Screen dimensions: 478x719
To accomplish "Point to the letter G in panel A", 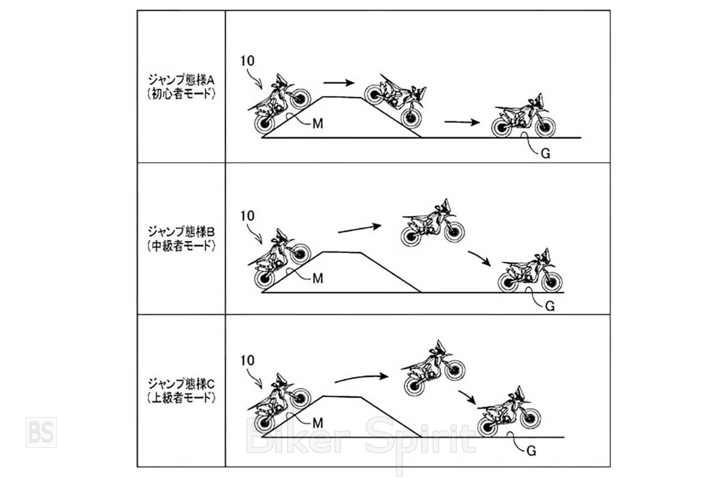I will pos(545,153).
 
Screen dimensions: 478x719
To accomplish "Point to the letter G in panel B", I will pos(550,306).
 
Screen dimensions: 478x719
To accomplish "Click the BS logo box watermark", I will pos(41,432).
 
